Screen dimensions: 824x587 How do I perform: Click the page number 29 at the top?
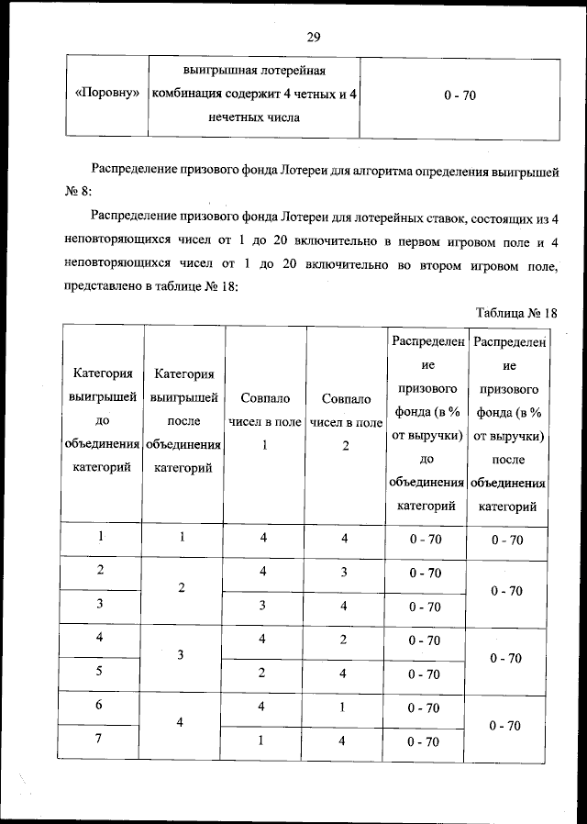pyautogui.click(x=313, y=37)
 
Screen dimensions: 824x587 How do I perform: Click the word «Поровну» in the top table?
pyautogui.click(x=106, y=95)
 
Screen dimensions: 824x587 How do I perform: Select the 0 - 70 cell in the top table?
pyautogui.click(x=459, y=95)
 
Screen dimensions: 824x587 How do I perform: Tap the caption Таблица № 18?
pyautogui.click(x=516, y=312)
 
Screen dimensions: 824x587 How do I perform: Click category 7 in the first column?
pyautogui.click(x=99, y=740)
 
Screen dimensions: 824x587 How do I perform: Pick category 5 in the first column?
pyautogui.click(x=99, y=672)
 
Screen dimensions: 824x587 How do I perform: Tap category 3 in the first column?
pyautogui.click(x=99, y=604)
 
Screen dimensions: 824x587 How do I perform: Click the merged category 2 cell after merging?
pyautogui.click(x=183, y=588)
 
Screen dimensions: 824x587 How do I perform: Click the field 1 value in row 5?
pyautogui.click(x=263, y=674)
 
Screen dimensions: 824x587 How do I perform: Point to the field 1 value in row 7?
pyautogui.click(x=263, y=741)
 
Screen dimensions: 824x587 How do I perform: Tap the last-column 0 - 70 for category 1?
pyautogui.click(x=506, y=540)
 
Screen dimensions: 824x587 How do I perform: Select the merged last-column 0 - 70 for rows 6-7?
pyautogui.click(x=506, y=725)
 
